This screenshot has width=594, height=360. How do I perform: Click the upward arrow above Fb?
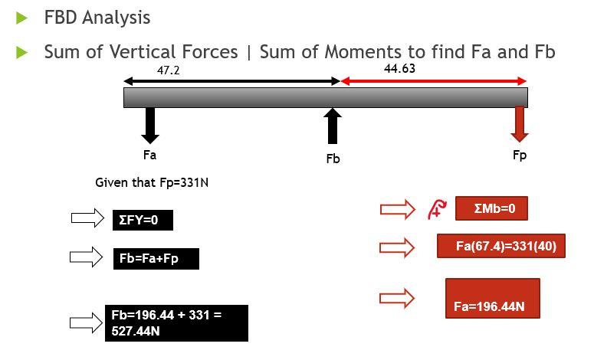click(x=333, y=126)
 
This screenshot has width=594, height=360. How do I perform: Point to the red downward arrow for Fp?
click(x=520, y=123)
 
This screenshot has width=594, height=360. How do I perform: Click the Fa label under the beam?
click(x=149, y=155)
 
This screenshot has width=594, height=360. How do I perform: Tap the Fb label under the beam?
click(x=333, y=159)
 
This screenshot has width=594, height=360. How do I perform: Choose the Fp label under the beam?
click(x=520, y=155)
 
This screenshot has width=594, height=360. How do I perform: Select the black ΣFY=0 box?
click(x=143, y=220)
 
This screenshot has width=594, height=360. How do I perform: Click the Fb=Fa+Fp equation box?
click(x=156, y=259)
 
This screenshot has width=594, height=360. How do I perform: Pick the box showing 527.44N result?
click(x=176, y=323)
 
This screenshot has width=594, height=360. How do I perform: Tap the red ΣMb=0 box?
click(x=491, y=208)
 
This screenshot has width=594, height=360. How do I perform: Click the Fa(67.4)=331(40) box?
click(x=500, y=246)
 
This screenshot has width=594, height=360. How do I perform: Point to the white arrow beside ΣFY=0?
click(x=87, y=219)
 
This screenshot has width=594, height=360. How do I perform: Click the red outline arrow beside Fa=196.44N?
click(x=397, y=298)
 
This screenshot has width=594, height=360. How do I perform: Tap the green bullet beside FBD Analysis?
click(x=22, y=17)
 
